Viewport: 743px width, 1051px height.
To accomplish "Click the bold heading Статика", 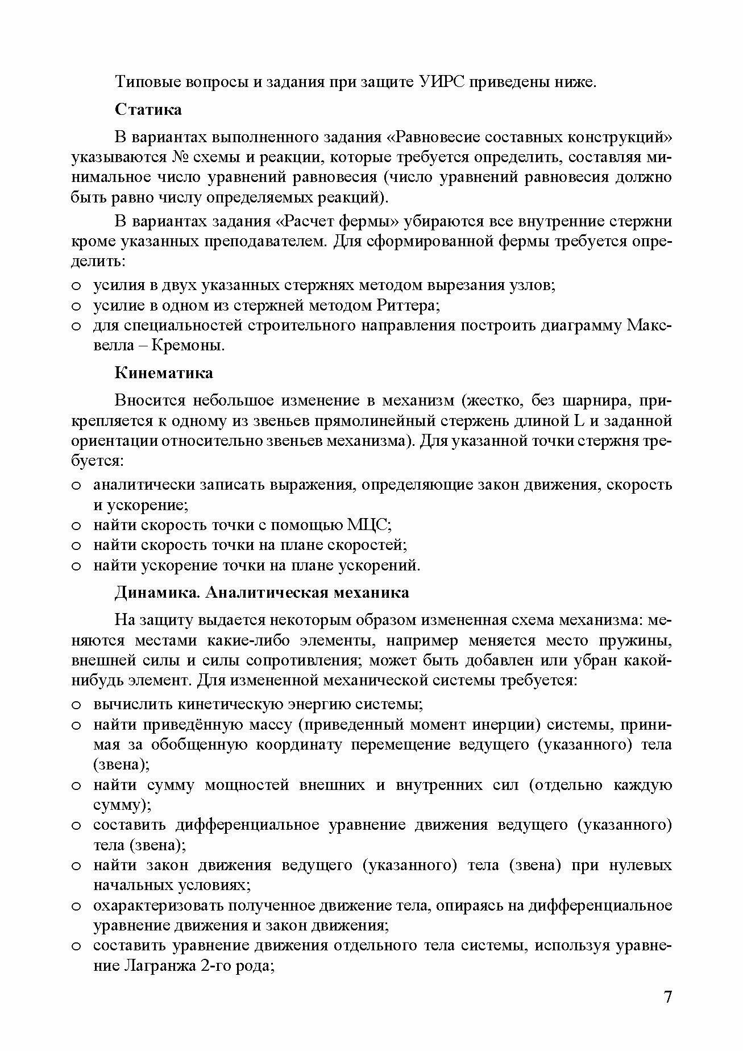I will (x=148, y=109).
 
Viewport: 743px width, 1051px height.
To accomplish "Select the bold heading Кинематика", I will (x=164, y=373).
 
